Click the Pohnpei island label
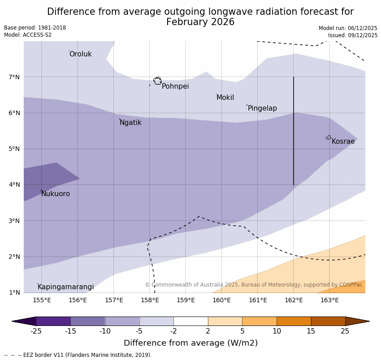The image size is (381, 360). [175, 86]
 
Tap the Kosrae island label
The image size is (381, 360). [343, 141]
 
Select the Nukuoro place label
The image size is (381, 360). [56, 194]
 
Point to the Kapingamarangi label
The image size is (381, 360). [66, 287]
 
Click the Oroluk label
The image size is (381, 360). [80, 54]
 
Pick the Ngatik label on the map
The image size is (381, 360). [130, 123]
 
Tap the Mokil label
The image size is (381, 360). [225, 98]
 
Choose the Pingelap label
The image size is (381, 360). [262, 108]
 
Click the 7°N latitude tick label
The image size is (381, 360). [14, 77]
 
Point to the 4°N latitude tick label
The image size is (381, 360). [14, 184]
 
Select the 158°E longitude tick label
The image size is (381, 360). [150, 300]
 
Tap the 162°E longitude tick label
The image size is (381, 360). [294, 300]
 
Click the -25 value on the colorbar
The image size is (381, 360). [36, 331]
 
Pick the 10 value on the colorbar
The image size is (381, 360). [277, 331]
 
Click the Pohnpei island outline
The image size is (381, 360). [157, 81]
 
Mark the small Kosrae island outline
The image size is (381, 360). [329, 137]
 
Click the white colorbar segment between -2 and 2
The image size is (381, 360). [190, 321]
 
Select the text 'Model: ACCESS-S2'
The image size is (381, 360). [28, 35]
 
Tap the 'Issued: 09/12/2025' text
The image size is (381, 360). [353, 35]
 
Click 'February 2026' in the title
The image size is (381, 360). [200, 22]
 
